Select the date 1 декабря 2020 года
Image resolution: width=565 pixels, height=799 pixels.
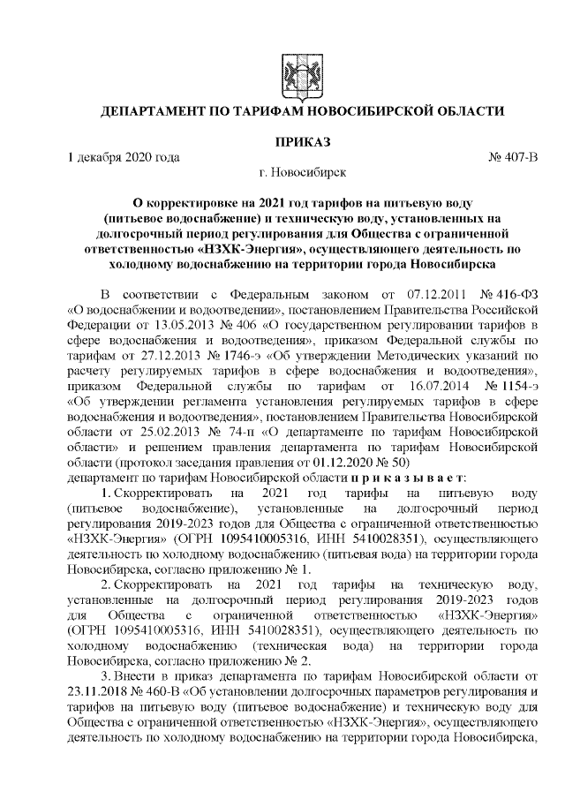[x=124, y=158]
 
